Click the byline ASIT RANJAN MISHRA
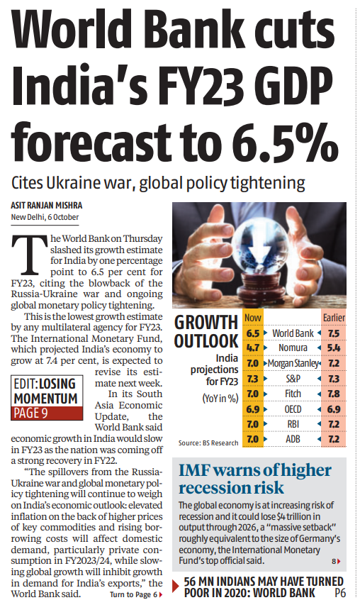click(x=47, y=206)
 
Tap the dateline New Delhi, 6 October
click(x=45, y=217)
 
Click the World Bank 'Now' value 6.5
click(x=252, y=333)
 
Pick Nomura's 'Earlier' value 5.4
click(x=334, y=348)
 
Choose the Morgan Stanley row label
click(x=293, y=363)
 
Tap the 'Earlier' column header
click(x=334, y=318)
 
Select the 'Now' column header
click(x=252, y=318)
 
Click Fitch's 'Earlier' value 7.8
click(x=334, y=394)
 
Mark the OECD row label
click(x=293, y=409)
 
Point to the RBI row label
click(x=293, y=424)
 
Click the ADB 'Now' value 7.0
click(x=252, y=439)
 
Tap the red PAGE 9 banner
click(x=47, y=413)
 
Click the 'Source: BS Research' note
click(x=208, y=443)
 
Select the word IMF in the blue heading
click(x=193, y=470)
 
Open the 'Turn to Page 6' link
click(x=136, y=594)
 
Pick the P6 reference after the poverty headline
click(x=339, y=593)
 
